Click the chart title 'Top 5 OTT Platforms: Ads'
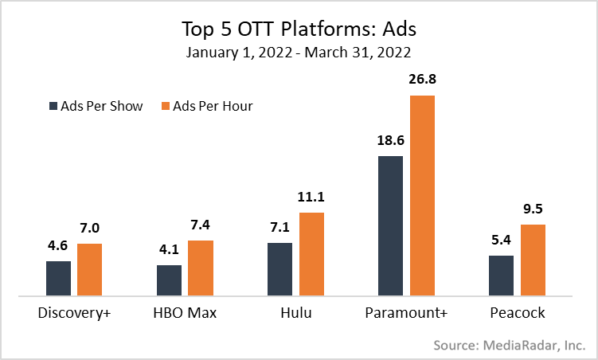point(299,29)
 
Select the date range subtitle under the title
point(299,53)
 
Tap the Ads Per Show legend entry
point(96,106)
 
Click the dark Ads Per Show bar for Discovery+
point(58,278)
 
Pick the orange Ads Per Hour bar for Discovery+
point(90,269)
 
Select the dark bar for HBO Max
point(169,280)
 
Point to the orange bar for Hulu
point(312,254)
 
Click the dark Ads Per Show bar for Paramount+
point(390,225)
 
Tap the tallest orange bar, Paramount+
point(422,195)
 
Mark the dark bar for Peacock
point(501,276)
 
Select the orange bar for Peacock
point(533,260)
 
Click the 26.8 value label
point(422,81)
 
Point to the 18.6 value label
point(390,142)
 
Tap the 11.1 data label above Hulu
point(312,198)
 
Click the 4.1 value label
point(169,250)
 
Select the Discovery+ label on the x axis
point(74,313)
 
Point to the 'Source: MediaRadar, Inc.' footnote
point(510,346)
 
